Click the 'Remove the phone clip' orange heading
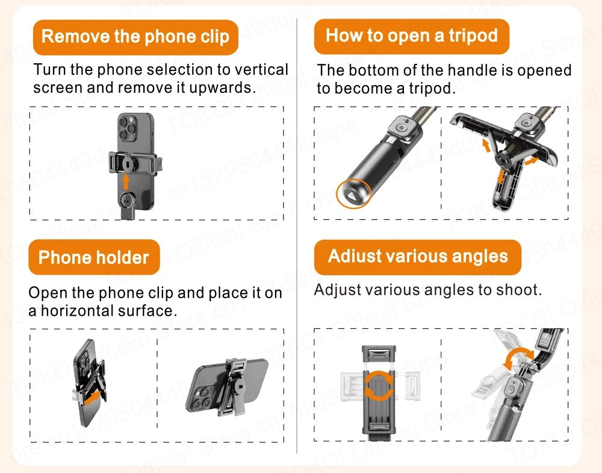point(135,37)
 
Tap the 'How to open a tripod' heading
point(412,36)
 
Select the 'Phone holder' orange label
point(93,258)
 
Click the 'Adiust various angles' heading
point(418,257)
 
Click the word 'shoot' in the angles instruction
point(517,290)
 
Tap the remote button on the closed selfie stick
point(400,128)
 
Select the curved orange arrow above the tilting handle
point(519,359)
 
